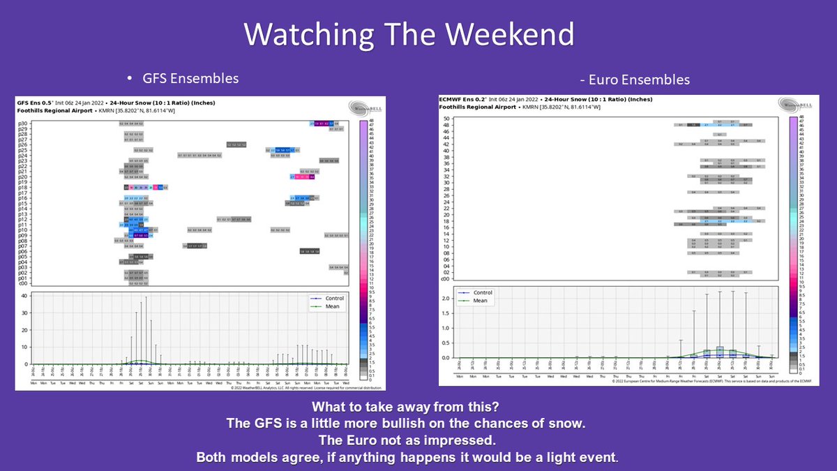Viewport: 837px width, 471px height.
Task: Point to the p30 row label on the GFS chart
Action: click(23, 124)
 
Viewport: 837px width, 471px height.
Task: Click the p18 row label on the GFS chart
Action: click(23, 187)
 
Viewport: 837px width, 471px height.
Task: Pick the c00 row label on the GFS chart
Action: click(23, 284)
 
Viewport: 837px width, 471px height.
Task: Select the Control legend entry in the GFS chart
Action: click(334, 299)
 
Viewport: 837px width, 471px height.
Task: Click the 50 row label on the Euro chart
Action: click(444, 119)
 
